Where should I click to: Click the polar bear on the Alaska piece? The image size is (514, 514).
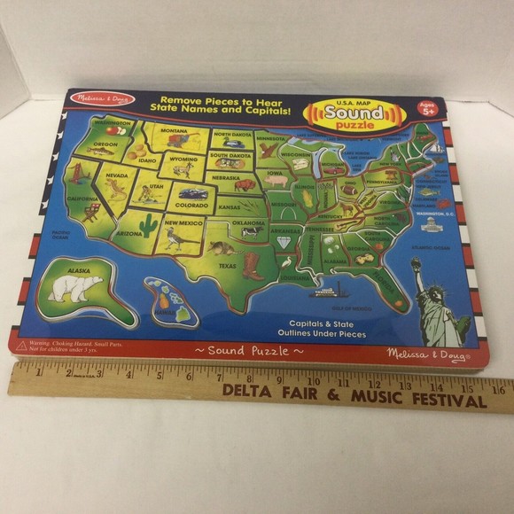point(76,286)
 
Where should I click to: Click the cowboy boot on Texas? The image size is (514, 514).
point(253,264)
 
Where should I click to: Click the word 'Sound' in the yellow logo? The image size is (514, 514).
point(353,113)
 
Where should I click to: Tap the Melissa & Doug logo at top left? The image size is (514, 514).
point(104,99)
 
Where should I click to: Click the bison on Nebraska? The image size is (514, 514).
point(245,185)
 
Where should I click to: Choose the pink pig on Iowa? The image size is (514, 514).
point(276,180)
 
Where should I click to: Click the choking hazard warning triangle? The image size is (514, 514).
point(21,341)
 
